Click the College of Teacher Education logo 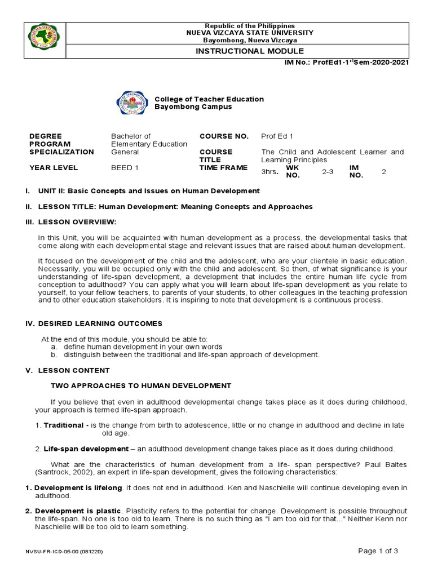click(133, 103)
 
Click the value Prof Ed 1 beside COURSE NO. click(277, 136)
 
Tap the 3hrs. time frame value click(270, 172)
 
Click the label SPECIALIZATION click(61, 152)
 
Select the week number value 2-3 click(328, 171)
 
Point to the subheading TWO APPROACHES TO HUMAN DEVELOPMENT click(141, 386)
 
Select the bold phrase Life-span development click(94, 449)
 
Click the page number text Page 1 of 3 click(378, 551)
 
